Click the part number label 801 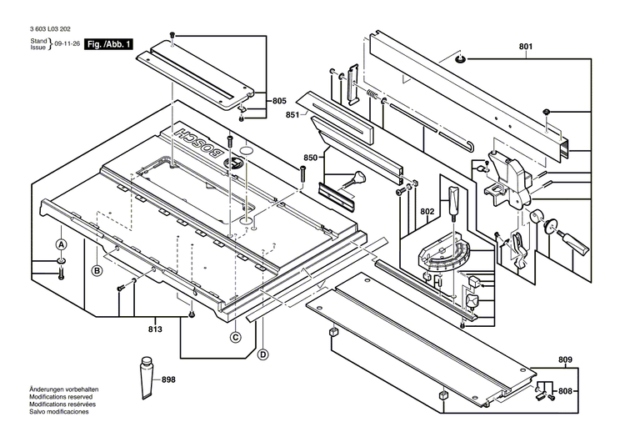pos(526,47)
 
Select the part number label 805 pos(278,101)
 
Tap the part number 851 pos(292,114)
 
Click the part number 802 pos(427,212)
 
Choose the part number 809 pos(566,360)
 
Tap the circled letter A pos(61,244)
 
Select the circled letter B pos(97,270)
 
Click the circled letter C pos(236,337)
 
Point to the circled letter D pos(263,355)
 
